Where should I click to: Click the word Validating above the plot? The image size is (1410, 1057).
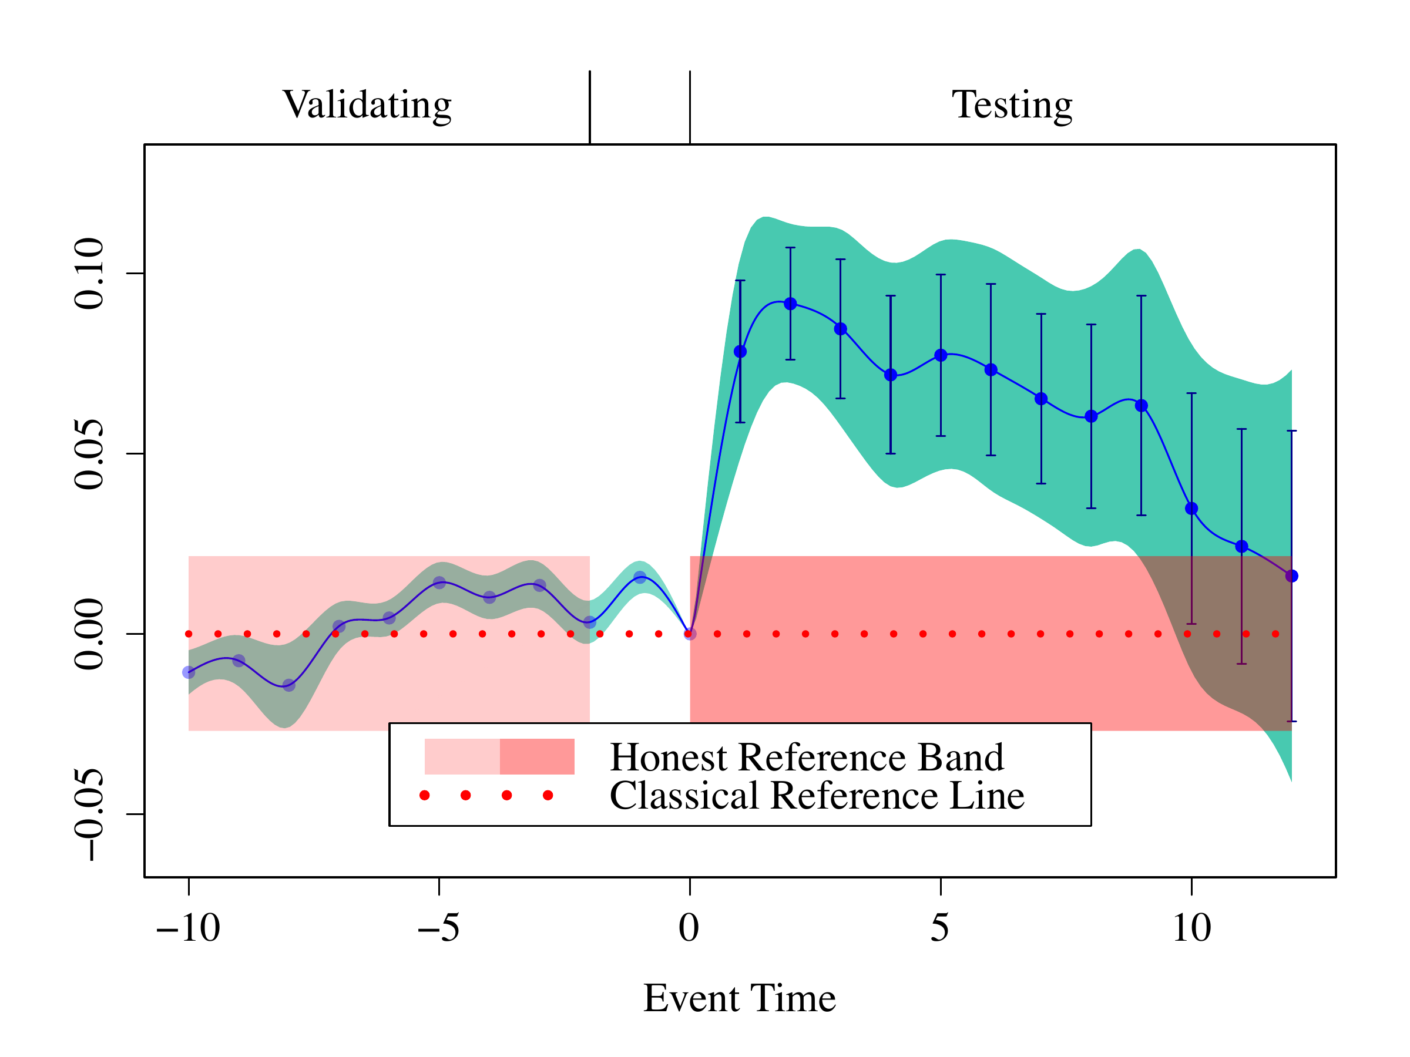click(x=367, y=105)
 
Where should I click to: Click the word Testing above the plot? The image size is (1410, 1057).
click(x=1012, y=105)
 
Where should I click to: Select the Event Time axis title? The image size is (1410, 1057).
click(x=740, y=998)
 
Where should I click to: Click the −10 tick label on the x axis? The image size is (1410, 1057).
click(x=188, y=928)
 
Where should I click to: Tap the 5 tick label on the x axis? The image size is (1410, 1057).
click(x=940, y=928)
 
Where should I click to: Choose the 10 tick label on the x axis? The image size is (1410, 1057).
click(x=1191, y=928)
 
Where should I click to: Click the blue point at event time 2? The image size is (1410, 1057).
click(x=790, y=304)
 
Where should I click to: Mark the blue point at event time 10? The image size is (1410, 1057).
click(x=1191, y=509)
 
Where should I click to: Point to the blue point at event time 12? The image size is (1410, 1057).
click(x=1291, y=576)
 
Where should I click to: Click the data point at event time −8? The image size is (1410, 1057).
click(x=289, y=685)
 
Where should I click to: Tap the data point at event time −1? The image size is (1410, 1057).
click(x=640, y=577)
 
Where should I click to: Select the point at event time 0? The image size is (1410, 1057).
click(x=690, y=634)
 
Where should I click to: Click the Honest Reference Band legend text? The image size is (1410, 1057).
click(x=807, y=758)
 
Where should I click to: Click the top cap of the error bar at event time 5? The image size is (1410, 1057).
click(x=941, y=275)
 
